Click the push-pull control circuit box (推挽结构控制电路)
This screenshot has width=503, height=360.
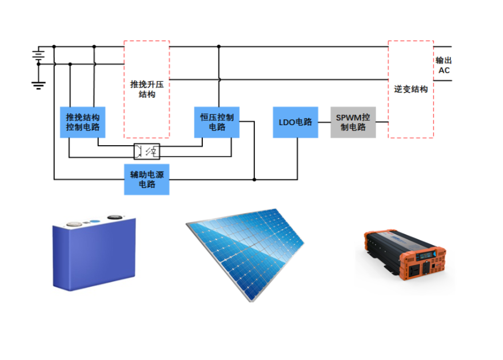[x=82, y=122]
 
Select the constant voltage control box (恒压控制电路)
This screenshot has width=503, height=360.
[x=217, y=122]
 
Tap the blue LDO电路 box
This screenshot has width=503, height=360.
[x=295, y=122]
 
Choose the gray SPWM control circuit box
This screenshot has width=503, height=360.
[x=353, y=122]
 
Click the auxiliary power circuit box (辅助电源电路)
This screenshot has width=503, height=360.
[x=147, y=179]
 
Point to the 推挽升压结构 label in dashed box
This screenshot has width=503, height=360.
[x=147, y=89]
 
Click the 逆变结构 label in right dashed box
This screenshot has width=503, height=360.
[x=410, y=89]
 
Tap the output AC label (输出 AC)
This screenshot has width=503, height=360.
[x=444, y=65]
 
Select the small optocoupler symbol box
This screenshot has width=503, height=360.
[x=147, y=152]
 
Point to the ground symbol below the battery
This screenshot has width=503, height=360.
[x=38, y=86]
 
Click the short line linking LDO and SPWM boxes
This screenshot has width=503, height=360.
[x=324, y=122]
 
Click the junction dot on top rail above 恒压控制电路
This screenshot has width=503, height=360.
[x=218, y=46]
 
